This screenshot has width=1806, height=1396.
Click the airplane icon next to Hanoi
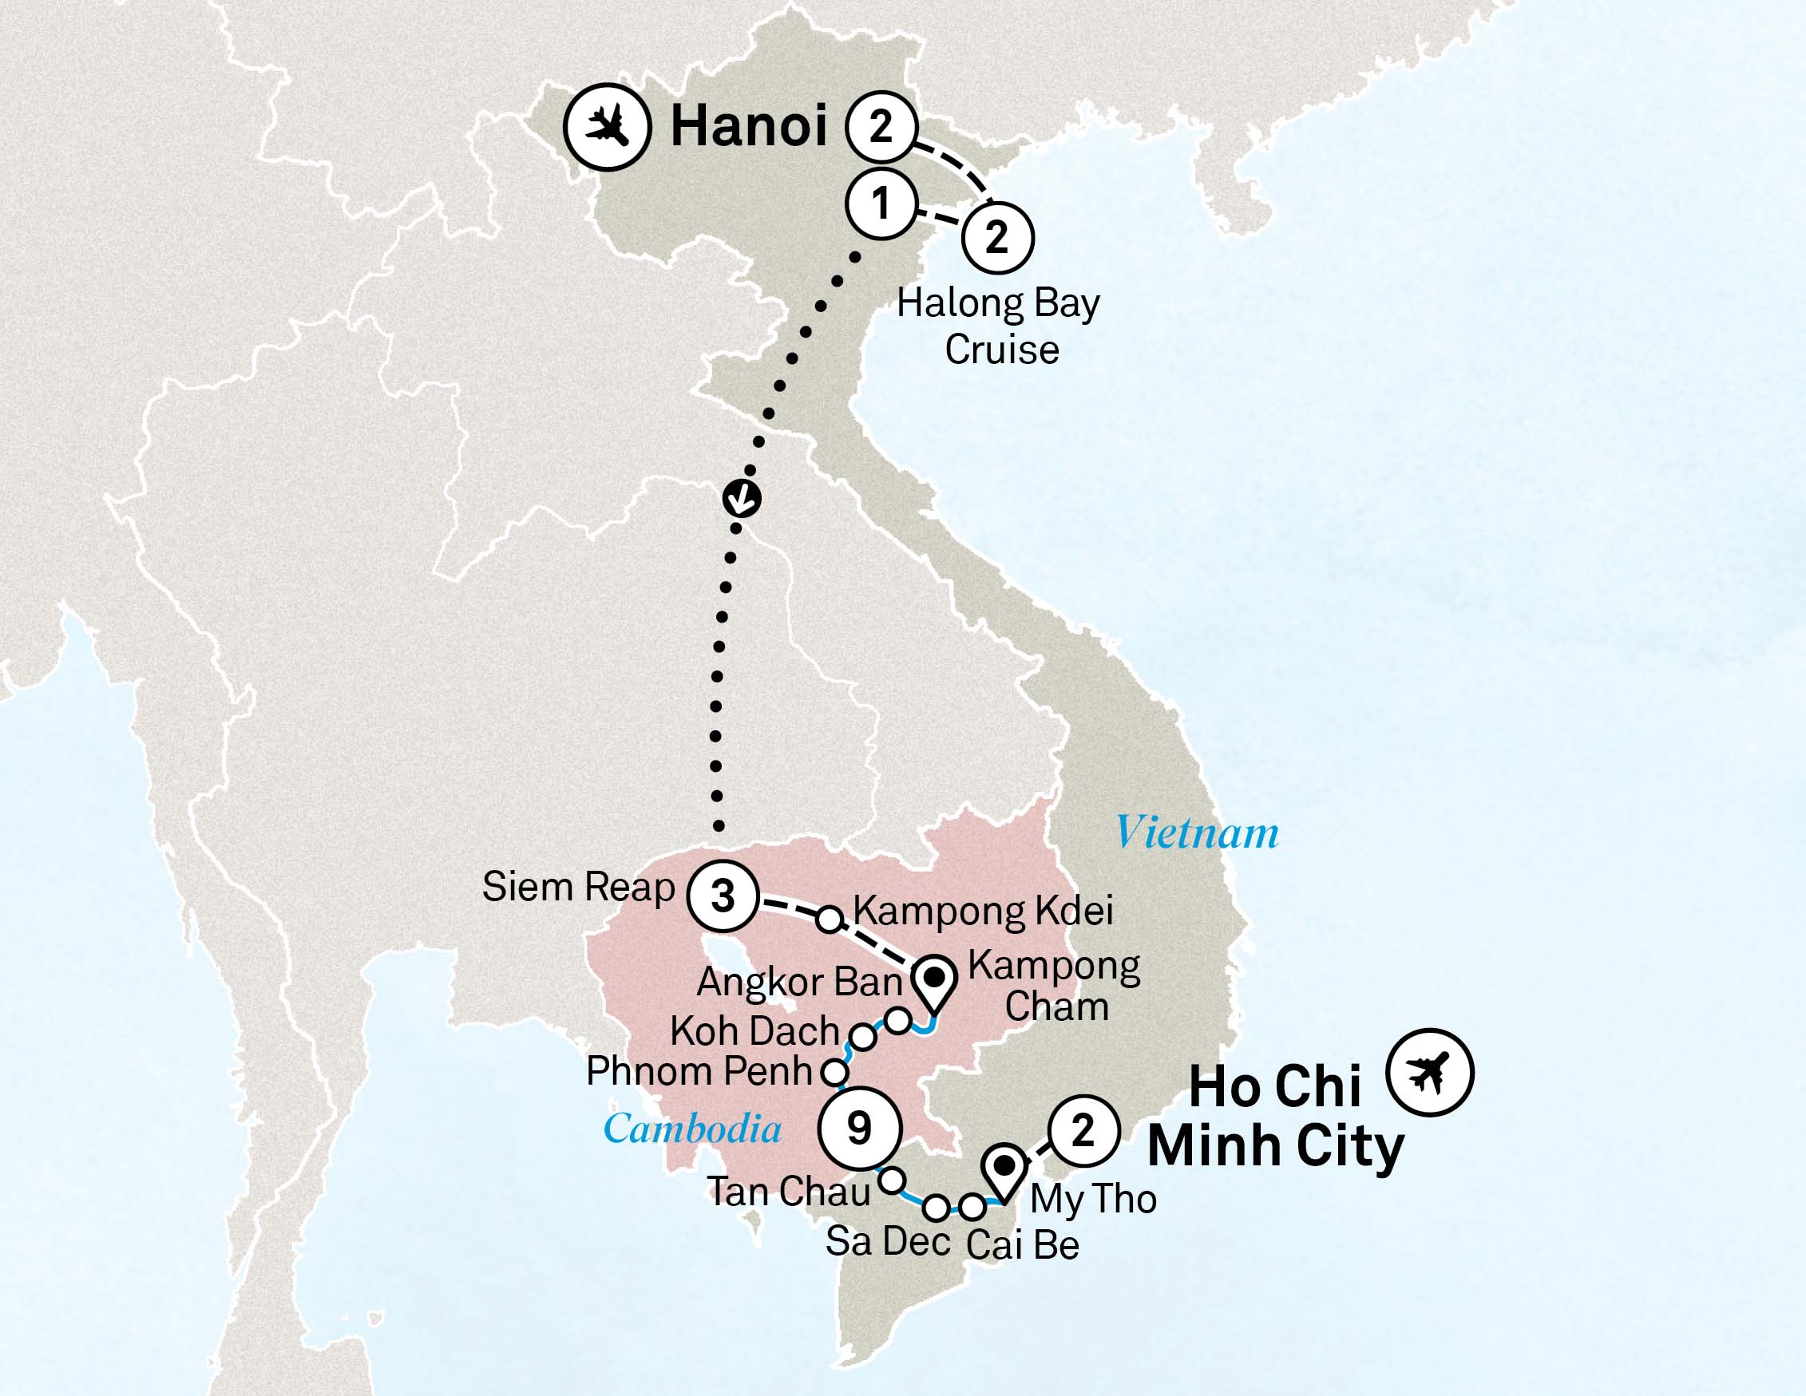coord(608,127)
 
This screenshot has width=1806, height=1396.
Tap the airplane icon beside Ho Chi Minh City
coord(1430,1073)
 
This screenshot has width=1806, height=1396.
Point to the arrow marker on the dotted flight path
coord(742,498)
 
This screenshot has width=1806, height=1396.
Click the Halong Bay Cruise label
coord(999,326)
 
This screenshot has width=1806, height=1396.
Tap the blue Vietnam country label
coord(1197,832)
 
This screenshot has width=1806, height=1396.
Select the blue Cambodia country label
coord(692,1128)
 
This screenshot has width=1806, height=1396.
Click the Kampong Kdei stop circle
coord(830,918)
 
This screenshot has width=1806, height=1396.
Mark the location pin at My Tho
coord(1004,1172)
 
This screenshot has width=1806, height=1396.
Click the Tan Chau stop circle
coord(890,1180)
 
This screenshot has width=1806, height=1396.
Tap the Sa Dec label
coord(887,1240)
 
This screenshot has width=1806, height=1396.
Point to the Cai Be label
coord(1022,1244)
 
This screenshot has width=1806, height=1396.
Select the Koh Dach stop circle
coord(862,1036)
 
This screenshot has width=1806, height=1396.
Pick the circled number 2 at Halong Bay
coord(997,238)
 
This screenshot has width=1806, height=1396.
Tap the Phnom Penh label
coord(699,1072)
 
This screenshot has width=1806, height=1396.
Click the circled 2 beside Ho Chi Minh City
coord(1083,1131)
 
